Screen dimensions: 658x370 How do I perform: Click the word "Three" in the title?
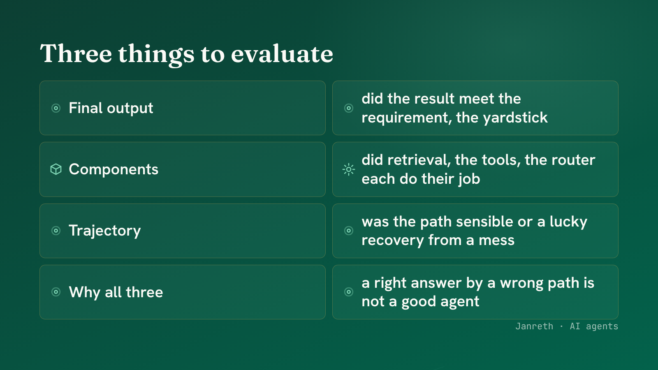pos(76,53)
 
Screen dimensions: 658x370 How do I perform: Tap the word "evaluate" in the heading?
pos(282,54)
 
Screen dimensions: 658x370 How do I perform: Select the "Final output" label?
pos(111,108)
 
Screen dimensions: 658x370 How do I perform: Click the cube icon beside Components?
pos(56,169)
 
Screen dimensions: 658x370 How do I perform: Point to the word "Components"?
pos(114,169)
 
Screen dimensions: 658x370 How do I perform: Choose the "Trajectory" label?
pos(104,231)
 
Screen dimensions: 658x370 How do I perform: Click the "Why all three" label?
pos(116,292)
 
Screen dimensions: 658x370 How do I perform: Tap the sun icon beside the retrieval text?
pos(349,169)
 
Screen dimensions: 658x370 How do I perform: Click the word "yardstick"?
pos(515,118)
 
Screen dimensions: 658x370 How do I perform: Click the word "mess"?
pos(496,240)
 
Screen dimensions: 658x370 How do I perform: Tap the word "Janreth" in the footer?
pos(534,326)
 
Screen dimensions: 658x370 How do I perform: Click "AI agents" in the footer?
pos(594,326)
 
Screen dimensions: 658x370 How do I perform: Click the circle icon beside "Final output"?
pos(56,108)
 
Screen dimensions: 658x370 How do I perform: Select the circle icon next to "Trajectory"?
pos(56,231)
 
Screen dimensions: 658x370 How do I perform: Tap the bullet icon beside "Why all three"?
pos(56,292)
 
